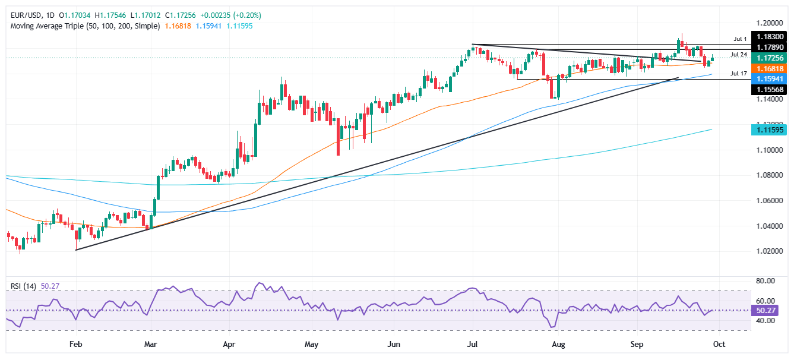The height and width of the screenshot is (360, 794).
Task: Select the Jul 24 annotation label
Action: pyautogui.click(x=738, y=55)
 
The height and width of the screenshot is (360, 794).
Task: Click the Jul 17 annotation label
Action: pyautogui.click(x=738, y=74)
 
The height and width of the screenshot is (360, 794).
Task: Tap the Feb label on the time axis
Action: pyautogui.click(x=75, y=344)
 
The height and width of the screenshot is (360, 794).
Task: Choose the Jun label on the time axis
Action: pyautogui.click(x=393, y=344)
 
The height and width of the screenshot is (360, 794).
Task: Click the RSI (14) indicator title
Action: pyautogui.click(x=23, y=286)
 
